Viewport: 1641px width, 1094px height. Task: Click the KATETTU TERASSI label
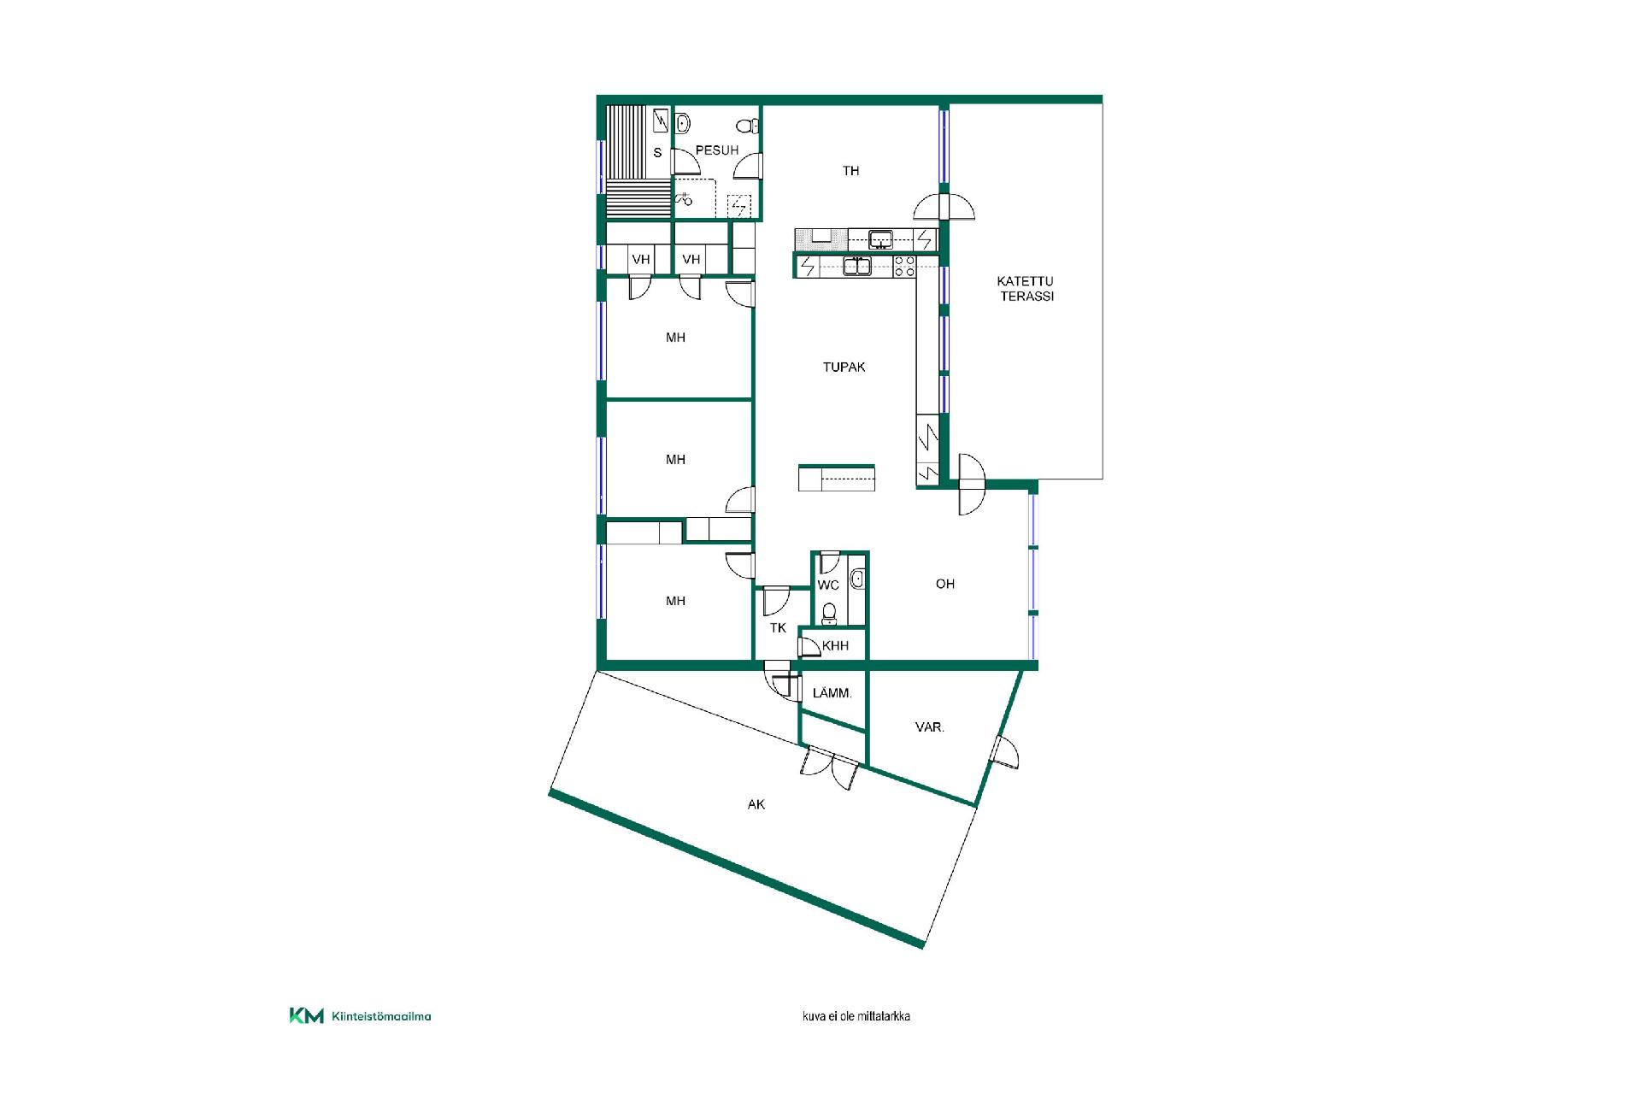(1026, 289)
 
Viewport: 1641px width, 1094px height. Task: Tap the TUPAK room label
(844, 368)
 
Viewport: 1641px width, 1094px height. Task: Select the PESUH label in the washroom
(717, 150)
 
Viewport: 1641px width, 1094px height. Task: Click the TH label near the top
(851, 171)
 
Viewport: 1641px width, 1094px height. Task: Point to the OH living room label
(944, 584)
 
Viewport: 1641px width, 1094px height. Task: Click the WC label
(828, 585)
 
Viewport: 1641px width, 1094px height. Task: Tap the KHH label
(836, 646)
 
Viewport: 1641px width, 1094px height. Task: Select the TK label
(778, 628)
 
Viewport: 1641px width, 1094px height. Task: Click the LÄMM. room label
(832, 693)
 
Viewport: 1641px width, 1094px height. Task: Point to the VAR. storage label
(930, 727)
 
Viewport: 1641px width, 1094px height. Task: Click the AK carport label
(756, 804)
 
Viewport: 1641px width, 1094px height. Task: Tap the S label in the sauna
(657, 153)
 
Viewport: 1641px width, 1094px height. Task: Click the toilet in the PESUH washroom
(747, 126)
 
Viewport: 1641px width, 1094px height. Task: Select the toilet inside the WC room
(829, 613)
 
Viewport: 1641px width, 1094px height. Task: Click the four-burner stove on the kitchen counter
(904, 266)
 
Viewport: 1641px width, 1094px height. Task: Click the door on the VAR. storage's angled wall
(1005, 752)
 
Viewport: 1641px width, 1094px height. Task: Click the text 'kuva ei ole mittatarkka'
(856, 1017)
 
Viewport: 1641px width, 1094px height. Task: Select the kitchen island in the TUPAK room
(837, 478)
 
